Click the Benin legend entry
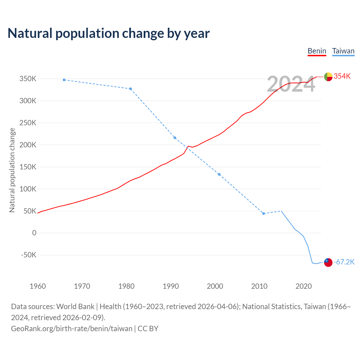(317, 51)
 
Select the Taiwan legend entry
(343, 51)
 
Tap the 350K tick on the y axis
(28, 79)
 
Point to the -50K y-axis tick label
(29, 255)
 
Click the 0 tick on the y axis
(34, 233)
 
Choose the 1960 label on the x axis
(38, 286)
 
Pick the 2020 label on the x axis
(303, 286)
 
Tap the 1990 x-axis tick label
(171, 286)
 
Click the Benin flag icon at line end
(328, 77)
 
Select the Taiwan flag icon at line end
(328, 262)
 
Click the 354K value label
(342, 76)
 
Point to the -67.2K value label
(344, 262)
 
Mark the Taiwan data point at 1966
(64, 80)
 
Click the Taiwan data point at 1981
(130, 89)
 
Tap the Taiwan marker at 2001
(219, 174)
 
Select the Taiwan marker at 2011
(264, 214)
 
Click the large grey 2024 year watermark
(291, 84)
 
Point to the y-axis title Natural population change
(12, 170)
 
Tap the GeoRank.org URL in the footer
(72, 328)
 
